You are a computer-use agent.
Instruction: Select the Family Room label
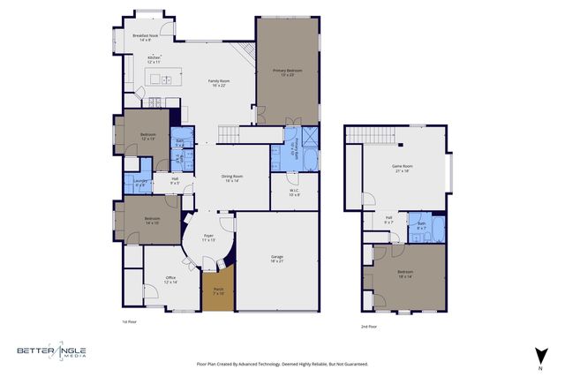point(217,83)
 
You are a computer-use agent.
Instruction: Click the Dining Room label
point(232,177)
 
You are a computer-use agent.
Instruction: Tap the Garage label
point(276,259)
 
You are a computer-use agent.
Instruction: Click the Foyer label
point(209,238)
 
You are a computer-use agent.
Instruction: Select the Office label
point(169,280)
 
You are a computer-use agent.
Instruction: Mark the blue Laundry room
point(139,184)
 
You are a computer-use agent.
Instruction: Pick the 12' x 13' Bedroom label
point(147,136)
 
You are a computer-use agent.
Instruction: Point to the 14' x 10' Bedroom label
point(152,220)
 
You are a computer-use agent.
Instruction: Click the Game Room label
point(403,168)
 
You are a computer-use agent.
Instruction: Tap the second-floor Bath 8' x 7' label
point(421,226)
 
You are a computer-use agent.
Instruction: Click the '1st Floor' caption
point(130,323)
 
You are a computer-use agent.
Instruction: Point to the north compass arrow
point(539,356)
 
